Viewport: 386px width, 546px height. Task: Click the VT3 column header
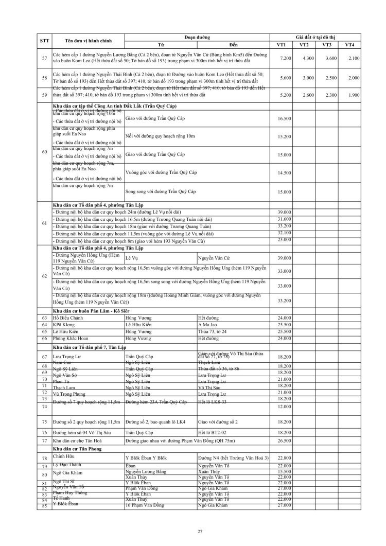coord(326,45)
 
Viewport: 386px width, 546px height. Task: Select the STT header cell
coord(44,41)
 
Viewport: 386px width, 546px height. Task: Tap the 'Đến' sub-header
coord(234,45)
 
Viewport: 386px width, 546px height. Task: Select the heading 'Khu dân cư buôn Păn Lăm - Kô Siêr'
coord(91,312)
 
